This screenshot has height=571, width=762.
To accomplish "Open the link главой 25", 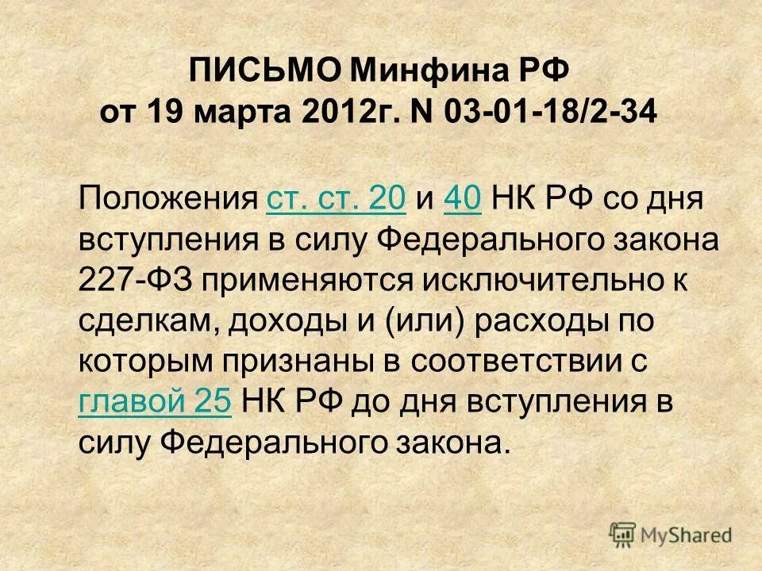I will coord(155,403).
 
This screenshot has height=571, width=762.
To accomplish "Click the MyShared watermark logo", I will coord(671,534).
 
